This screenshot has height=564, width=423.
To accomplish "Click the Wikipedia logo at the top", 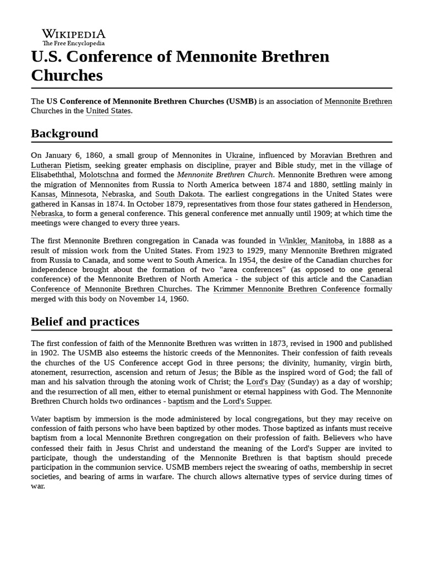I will tap(74, 37).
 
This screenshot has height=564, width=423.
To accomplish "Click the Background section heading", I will tap(64, 133).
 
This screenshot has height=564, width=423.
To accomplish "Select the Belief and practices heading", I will tap(85, 321).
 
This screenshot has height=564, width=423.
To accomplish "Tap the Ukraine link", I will tap(239, 156).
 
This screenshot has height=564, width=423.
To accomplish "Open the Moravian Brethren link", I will tap(343, 156).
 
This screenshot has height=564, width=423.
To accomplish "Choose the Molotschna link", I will tap(99, 175).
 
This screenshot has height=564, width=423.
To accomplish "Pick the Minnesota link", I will tap(79, 194).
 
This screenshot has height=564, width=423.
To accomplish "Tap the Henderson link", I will tap(372, 204).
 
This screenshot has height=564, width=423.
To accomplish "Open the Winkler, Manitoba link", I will tap(311, 241).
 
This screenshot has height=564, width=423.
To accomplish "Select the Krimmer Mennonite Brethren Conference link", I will tap(286, 289).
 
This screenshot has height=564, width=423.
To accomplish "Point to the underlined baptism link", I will tap(181, 402).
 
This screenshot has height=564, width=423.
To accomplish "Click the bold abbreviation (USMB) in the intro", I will tap(241, 101).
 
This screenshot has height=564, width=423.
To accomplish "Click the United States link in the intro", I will tap(108, 111).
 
